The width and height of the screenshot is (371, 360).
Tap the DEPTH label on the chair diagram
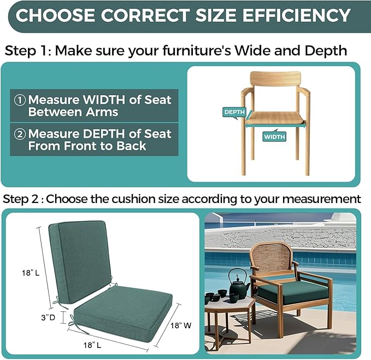tap(234, 112)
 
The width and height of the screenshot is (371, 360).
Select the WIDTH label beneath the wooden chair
tap(274, 137)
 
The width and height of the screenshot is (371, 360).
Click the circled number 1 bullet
tap(20, 100)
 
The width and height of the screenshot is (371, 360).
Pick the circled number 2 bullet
tap(20, 134)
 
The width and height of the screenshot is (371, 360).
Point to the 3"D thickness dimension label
tap(48, 317)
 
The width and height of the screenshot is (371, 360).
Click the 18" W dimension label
tap(181, 326)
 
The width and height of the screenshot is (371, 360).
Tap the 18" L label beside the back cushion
tap(31, 273)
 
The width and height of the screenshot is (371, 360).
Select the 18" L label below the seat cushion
tap(92, 345)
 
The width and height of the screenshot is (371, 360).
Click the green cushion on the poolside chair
tap(293, 291)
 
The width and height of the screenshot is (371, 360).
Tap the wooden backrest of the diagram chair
tap(275, 79)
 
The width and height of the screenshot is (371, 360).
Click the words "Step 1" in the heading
tap(28, 50)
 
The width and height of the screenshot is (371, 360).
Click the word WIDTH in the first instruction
tap(104, 100)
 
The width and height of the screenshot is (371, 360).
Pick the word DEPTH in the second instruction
tap(103, 134)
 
